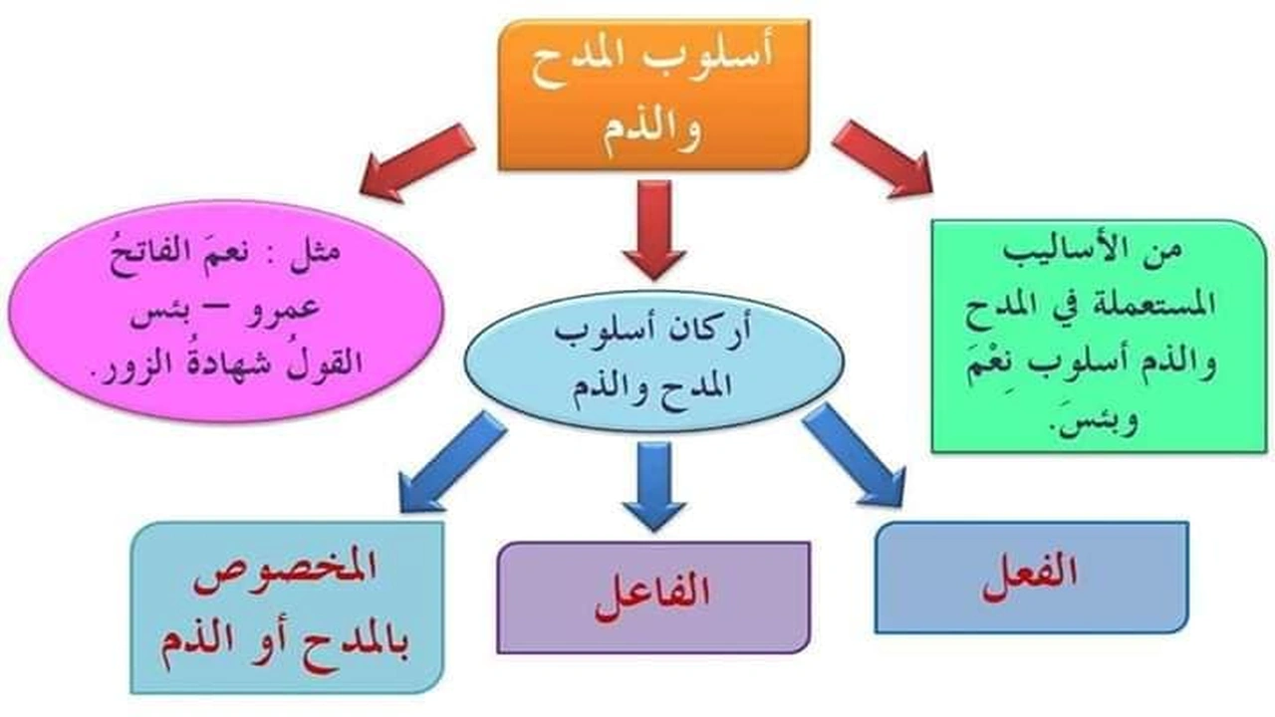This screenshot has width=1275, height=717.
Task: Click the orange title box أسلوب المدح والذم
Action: click(653, 95)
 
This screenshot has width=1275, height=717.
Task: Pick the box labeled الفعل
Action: click(1031, 578)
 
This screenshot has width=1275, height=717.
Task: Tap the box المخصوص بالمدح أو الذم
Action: click(287, 607)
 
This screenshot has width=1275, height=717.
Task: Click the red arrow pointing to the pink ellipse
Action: click(418, 161)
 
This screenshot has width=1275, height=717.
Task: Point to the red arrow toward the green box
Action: click(882, 156)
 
